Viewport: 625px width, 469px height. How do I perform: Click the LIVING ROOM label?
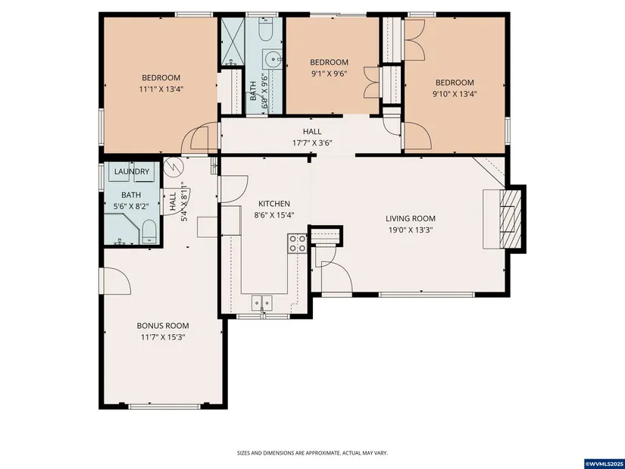pyautogui.click(x=410, y=218)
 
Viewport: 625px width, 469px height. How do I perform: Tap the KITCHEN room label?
pyautogui.click(x=274, y=204)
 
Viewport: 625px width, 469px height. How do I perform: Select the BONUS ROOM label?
pyautogui.click(x=163, y=326)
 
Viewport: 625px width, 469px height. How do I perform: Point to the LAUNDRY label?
pyautogui.click(x=132, y=171)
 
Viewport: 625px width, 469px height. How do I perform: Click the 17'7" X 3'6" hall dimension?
pyautogui.click(x=312, y=142)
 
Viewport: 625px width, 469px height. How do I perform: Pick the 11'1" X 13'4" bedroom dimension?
pyautogui.click(x=161, y=89)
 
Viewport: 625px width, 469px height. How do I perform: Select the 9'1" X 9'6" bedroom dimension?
pyautogui.click(x=330, y=73)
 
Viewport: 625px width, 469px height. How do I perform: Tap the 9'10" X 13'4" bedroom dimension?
pyautogui.click(x=455, y=94)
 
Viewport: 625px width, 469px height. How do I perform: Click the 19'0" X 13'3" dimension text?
pyautogui.click(x=411, y=230)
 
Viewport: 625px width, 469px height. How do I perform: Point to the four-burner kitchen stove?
pyautogui.click(x=298, y=244)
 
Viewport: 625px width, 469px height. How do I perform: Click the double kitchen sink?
pyautogui.click(x=262, y=303)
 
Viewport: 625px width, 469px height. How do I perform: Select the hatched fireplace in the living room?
pyautogui.click(x=511, y=218)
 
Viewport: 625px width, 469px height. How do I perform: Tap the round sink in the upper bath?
pyautogui.click(x=272, y=60)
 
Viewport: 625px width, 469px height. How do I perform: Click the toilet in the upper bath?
pyautogui.click(x=265, y=29)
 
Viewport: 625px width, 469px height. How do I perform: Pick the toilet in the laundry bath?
pyautogui.click(x=149, y=231)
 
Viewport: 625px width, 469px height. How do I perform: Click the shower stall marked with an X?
pyautogui.click(x=232, y=41)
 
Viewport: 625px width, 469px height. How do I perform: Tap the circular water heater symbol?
pyautogui.click(x=173, y=167)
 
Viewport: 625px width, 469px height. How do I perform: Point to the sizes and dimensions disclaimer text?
pyautogui.click(x=312, y=453)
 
